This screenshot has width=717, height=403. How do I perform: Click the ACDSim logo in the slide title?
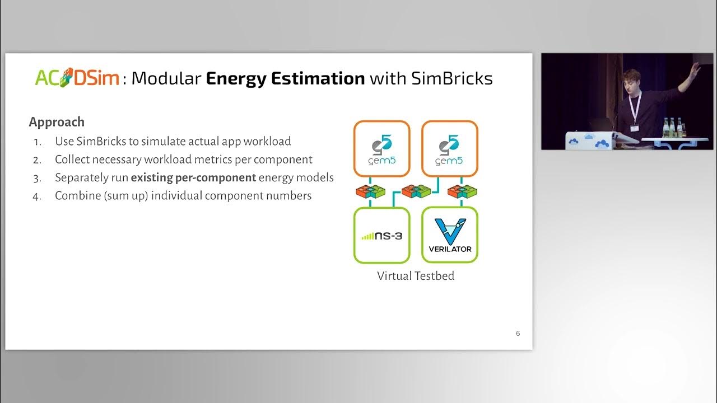(77, 78)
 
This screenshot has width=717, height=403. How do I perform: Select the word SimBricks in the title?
(452, 78)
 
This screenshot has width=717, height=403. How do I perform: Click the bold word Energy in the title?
(236, 78)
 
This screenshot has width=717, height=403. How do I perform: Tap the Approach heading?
(57, 122)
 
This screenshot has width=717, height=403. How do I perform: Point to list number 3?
(37, 178)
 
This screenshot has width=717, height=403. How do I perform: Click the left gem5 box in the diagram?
(381, 149)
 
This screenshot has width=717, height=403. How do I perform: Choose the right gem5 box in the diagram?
(449, 149)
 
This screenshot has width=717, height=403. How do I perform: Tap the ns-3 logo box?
(381, 235)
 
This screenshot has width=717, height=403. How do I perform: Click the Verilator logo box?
(449, 235)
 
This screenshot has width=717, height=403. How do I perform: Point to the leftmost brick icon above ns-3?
(370, 192)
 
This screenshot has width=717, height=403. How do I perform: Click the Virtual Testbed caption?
(415, 276)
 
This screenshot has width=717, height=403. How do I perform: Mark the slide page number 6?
(518, 334)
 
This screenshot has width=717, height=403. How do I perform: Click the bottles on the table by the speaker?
(672, 128)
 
